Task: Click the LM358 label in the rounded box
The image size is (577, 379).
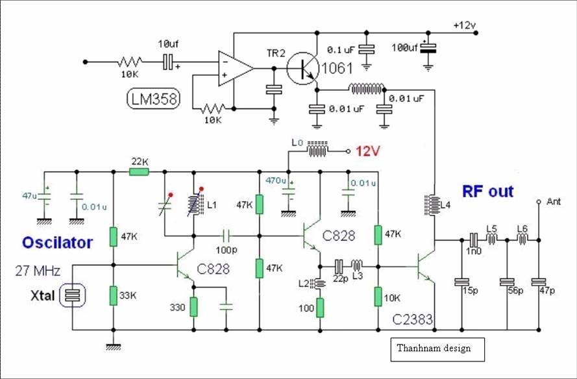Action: pos(153,99)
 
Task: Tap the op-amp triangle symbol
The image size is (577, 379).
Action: pos(235,68)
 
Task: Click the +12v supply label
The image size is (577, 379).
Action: pos(465,25)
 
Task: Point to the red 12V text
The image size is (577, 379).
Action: pos(367,151)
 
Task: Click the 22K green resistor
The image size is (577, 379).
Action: pos(139,171)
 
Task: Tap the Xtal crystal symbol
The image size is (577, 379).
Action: pos(73,295)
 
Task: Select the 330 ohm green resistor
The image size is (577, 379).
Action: pos(193,307)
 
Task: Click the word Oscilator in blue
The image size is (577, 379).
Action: pos(57,243)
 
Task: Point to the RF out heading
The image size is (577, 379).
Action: pos(487,191)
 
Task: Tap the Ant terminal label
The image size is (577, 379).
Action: pos(554,201)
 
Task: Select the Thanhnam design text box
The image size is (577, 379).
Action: pos(437,349)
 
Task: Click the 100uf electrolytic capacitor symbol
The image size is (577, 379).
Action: pos(428,48)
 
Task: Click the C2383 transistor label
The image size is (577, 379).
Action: pos(413,319)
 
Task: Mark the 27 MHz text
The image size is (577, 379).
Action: pos(38,271)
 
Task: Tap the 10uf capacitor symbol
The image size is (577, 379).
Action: pos(168,62)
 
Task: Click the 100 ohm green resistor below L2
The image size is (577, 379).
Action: pos(320,308)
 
